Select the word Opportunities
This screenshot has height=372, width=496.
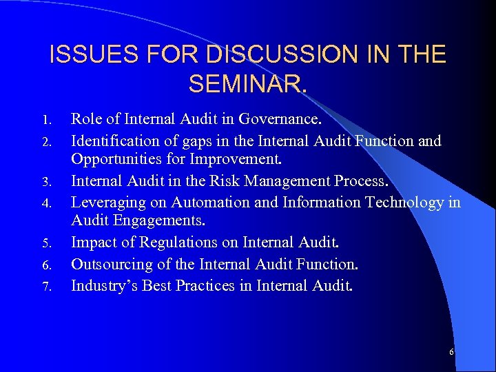[x=116, y=161]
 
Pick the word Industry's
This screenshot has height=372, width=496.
[x=105, y=285]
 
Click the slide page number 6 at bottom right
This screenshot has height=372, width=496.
[x=451, y=352]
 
